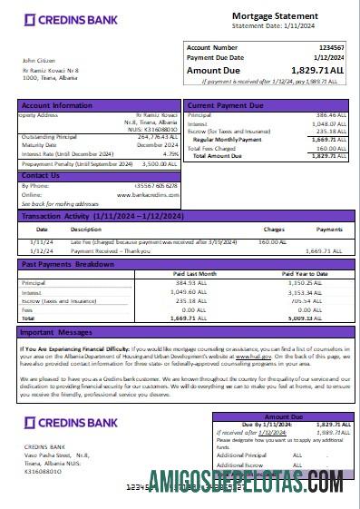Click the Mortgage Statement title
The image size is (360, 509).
click(275, 15)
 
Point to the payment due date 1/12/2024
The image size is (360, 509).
click(328, 57)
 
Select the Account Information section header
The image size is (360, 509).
click(56, 105)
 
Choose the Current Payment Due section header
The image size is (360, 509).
click(226, 106)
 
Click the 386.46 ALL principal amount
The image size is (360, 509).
click(330, 116)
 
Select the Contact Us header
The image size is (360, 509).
click(42, 174)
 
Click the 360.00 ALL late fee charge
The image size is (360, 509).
click(273, 241)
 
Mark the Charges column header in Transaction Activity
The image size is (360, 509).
click(274, 229)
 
